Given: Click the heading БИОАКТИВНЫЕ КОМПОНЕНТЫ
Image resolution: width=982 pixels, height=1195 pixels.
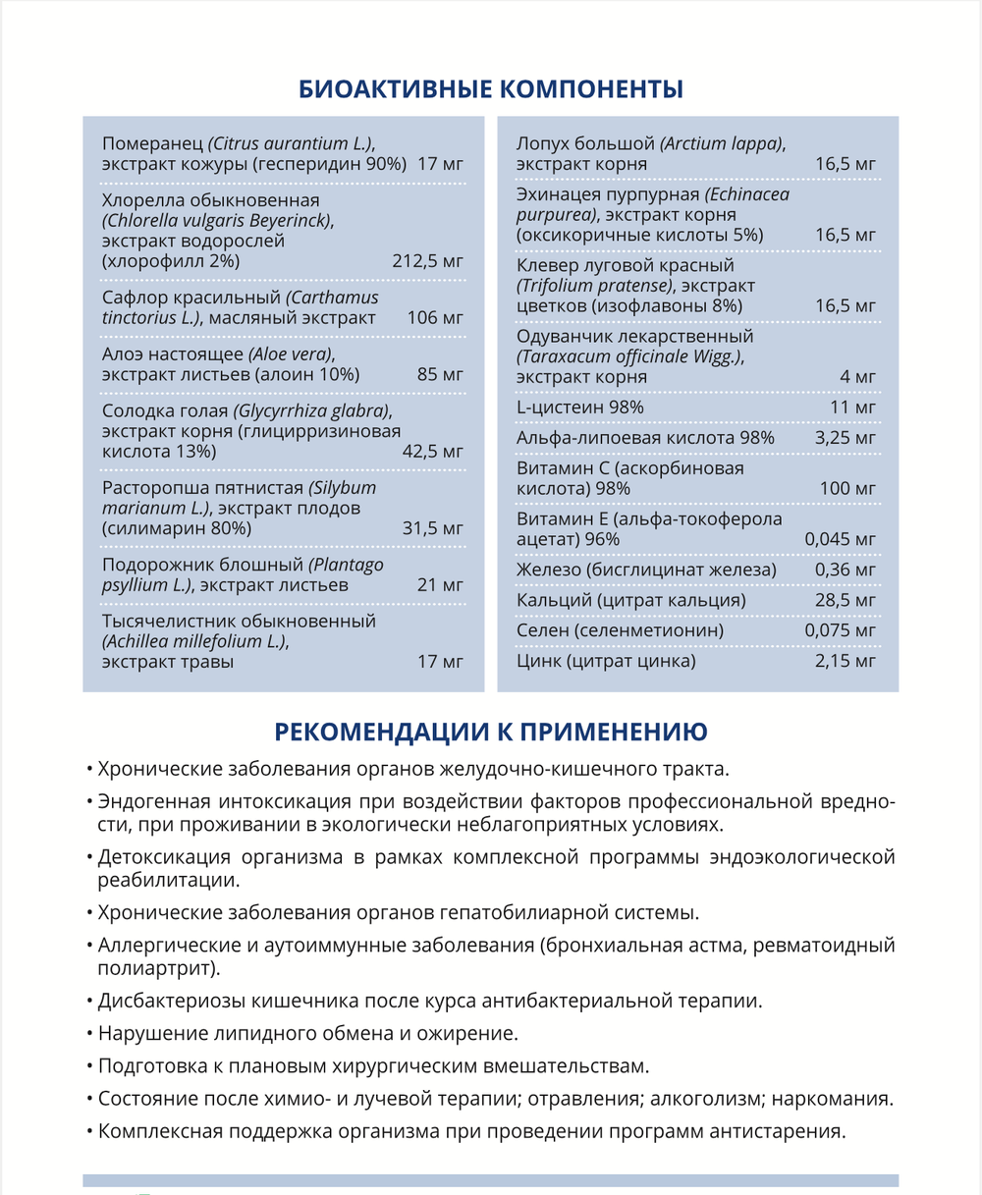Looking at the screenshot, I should point(490,89).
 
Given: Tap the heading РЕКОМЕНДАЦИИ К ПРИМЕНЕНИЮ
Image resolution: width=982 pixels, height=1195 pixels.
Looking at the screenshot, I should point(490,733).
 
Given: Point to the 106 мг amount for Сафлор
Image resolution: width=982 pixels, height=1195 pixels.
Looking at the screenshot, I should point(435,318).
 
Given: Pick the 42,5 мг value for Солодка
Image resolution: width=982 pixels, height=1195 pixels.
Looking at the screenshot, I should point(432,452).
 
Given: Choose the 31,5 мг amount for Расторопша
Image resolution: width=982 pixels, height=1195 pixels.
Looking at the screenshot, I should point(432,528).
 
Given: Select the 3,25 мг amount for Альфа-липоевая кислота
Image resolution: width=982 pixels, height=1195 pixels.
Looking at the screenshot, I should point(846,438).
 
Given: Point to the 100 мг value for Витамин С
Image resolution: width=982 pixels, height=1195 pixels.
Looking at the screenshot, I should point(847,488).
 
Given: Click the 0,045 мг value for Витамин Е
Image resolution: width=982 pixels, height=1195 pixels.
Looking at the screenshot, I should point(840,539).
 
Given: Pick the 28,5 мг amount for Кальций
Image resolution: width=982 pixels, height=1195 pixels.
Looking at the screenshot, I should point(846,600).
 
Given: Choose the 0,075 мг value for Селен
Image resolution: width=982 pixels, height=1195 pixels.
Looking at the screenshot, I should point(840,630).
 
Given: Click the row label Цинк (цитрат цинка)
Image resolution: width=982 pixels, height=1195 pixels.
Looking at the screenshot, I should point(606,661).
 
